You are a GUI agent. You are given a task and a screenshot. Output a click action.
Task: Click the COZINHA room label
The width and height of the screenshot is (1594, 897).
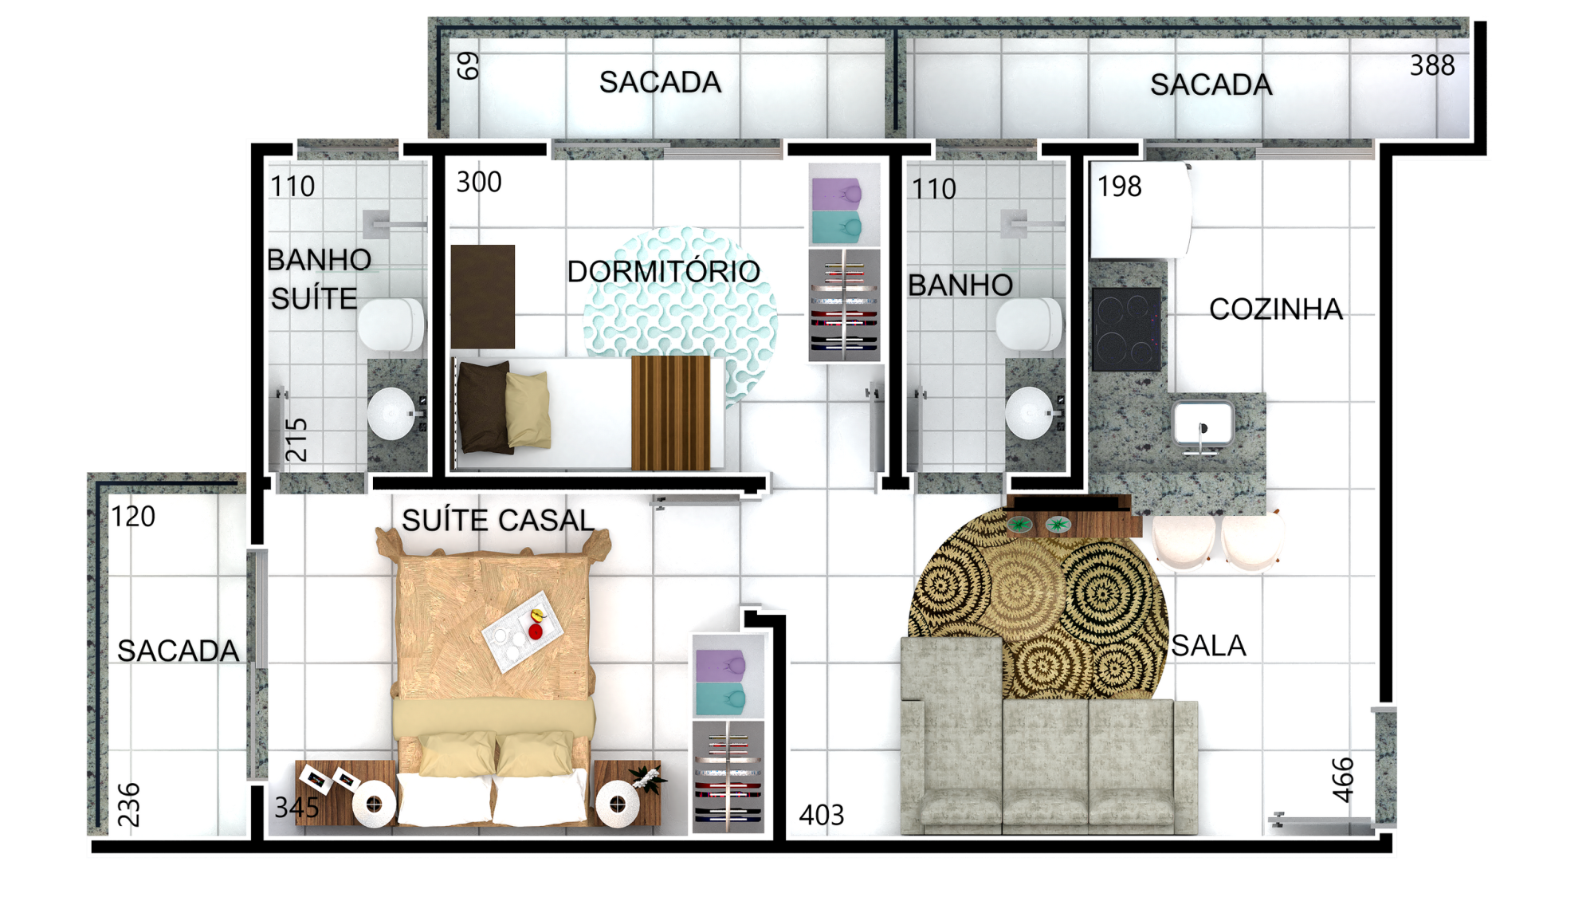tap(1275, 309)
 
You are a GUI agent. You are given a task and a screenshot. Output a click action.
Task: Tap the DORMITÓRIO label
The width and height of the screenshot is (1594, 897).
tap(663, 271)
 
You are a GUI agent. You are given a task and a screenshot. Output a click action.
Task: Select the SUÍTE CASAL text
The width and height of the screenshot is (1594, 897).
tap(498, 521)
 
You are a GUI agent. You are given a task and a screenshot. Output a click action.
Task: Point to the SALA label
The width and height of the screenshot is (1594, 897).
tap(1208, 646)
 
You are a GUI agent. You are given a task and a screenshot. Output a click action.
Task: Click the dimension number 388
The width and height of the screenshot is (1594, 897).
tap(1432, 65)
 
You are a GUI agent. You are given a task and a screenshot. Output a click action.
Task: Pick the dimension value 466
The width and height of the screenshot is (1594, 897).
tap(1343, 779)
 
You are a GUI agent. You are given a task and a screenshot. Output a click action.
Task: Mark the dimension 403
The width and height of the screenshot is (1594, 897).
tap(821, 815)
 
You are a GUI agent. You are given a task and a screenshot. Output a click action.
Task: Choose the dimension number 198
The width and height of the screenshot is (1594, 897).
tap(1119, 187)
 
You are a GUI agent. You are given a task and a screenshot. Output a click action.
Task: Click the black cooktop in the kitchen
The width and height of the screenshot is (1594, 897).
tap(1126, 329)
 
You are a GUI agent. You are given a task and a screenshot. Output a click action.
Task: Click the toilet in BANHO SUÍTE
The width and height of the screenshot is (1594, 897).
tap(391, 325)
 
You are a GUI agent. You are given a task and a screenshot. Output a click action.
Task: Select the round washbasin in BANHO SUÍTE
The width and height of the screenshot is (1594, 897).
tap(391, 413)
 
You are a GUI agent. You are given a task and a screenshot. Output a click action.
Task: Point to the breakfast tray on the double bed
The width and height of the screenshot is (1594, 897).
tap(523, 631)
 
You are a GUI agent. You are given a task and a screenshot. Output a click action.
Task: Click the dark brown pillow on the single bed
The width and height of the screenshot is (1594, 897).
tap(484, 407)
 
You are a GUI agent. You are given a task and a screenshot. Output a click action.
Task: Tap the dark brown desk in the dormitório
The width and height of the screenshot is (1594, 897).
tap(483, 297)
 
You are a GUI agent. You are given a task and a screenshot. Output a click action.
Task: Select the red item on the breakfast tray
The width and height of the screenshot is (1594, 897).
tap(536, 631)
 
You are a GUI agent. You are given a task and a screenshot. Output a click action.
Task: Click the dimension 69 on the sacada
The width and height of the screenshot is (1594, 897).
tap(468, 65)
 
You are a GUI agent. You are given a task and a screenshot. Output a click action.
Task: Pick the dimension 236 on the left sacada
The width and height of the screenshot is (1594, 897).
tap(128, 805)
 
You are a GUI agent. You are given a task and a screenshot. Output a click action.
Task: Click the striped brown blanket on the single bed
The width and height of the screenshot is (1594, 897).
tap(670, 412)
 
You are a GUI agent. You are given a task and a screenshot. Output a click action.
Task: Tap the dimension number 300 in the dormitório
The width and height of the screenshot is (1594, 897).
tap(479, 182)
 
